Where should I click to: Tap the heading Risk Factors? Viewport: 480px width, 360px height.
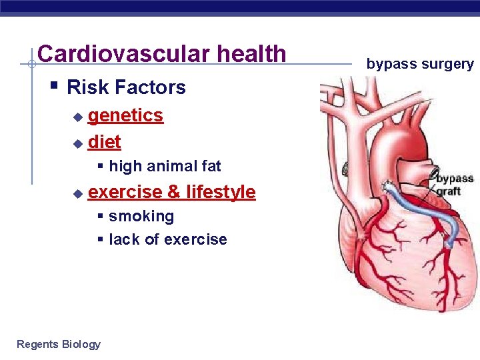point(126,87)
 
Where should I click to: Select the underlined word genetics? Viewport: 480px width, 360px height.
point(125,115)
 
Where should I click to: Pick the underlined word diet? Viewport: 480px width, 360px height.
point(104,142)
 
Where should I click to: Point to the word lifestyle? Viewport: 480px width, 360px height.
point(221,192)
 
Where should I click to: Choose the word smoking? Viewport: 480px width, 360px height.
point(141,216)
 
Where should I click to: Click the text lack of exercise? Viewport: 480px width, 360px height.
point(168,239)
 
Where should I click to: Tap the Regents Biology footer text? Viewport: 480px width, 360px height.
point(59,344)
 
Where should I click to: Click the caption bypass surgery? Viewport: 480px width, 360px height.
point(420,64)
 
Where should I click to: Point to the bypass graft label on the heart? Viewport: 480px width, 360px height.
point(454,185)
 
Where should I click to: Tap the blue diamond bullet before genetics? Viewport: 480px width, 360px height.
point(77,117)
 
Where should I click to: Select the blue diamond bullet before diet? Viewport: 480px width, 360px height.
point(77,143)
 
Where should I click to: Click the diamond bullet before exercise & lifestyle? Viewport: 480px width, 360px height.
point(77,193)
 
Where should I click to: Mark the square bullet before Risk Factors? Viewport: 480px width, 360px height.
point(55,86)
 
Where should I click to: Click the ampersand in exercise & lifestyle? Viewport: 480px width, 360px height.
point(173,192)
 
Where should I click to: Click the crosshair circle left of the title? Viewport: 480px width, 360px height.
point(31,65)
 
